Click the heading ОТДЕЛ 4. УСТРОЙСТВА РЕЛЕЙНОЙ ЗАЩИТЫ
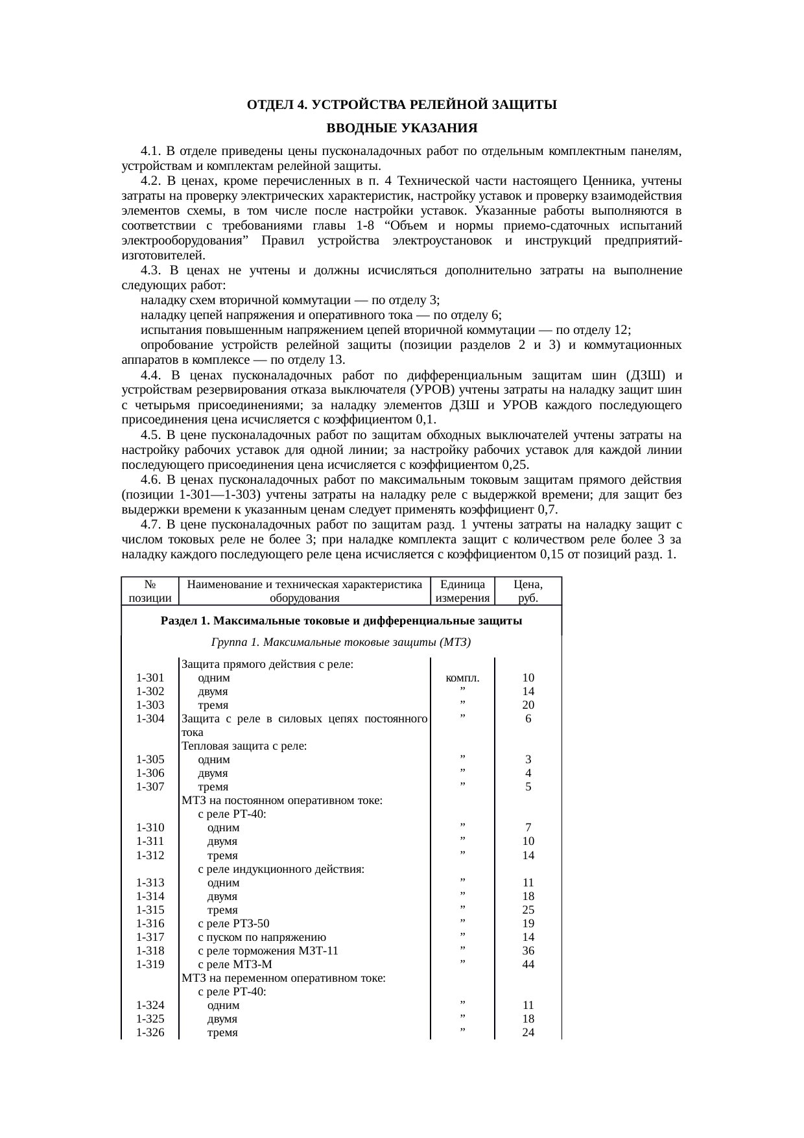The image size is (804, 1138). click(x=401, y=104)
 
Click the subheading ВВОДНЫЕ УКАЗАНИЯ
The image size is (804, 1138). click(x=401, y=127)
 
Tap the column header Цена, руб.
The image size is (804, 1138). click(x=528, y=591)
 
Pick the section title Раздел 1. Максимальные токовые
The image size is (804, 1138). click(x=341, y=621)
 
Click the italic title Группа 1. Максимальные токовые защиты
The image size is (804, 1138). click(x=340, y=643)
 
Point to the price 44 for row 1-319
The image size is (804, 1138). click(x=528, y=964)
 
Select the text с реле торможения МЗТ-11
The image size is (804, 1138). click(x=268, y=951)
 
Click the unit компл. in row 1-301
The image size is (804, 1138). click(x=462, y=678)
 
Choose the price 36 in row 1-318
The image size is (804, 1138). click(x=528, y=951)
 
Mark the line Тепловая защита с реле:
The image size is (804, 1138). click(x=244, y=746)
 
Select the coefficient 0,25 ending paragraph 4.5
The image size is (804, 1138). click(x=515, y=466)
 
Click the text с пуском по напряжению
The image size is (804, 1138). click(x=262, y=938)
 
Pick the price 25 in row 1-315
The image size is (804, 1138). click(x=528, y=910)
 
